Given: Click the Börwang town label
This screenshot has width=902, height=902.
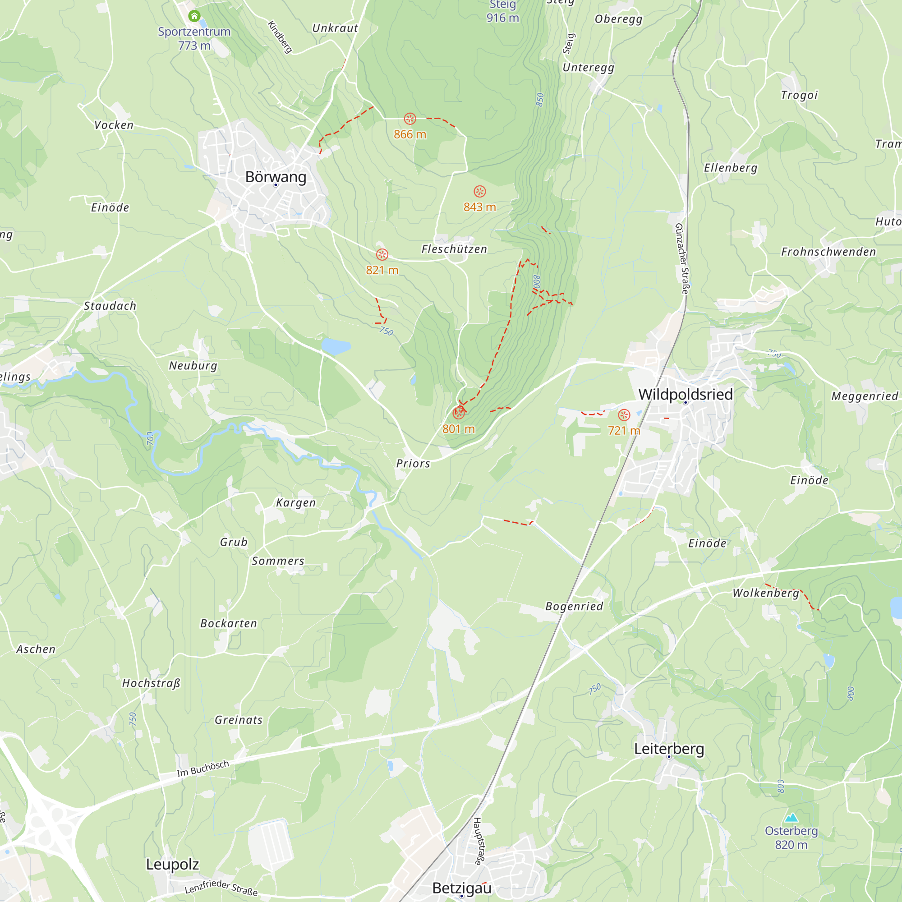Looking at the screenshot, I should click(276, 177).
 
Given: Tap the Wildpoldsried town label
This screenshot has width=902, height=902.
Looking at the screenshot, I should click(685, 394).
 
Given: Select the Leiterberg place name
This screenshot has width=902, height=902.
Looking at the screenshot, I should click(668, 749).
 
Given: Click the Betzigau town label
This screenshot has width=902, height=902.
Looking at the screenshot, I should click(462, 888).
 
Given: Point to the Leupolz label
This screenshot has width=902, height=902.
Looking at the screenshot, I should click(172, 864).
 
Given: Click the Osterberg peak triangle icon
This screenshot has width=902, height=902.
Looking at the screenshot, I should click(791, 817).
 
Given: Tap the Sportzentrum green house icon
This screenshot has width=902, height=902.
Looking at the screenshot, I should click(194, 16).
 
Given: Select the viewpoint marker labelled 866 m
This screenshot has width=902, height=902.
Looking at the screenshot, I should click(410, 119).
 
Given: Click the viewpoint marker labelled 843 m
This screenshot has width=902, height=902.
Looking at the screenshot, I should click(479, 191).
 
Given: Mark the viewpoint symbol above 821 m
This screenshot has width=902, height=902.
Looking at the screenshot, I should click(382, 254).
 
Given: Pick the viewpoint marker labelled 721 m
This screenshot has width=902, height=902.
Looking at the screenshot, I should click(624, 414).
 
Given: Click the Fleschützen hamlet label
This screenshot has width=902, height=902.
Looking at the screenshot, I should click(454, 249).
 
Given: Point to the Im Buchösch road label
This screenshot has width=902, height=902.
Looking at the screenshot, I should click(202, 769).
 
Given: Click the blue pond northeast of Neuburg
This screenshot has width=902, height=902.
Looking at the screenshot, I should click(335, 346).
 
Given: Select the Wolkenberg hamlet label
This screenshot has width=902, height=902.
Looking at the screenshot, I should click(765, 593).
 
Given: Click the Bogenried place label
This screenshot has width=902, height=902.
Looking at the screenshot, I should click(574, 606).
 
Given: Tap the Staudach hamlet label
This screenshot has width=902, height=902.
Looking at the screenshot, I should click(110, 306).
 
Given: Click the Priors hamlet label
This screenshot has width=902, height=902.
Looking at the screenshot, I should click(413, 463).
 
